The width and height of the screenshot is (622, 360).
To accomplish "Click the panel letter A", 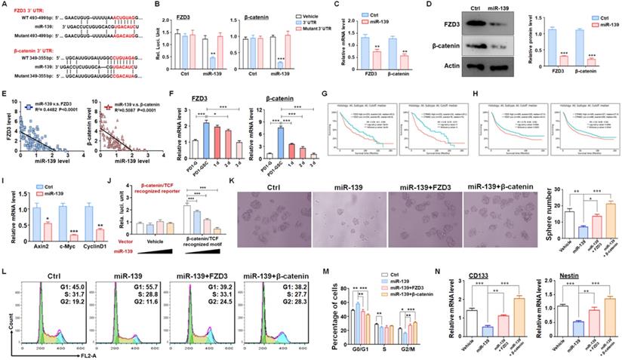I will pyautogui.click(x=5, y=5).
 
